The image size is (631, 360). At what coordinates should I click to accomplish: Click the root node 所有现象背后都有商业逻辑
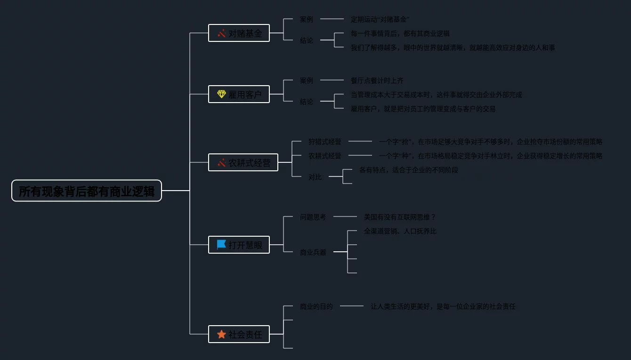click(87, 191)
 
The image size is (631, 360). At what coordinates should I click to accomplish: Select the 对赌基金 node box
click(239, 33)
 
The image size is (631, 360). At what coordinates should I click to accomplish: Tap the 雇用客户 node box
click(239, 94)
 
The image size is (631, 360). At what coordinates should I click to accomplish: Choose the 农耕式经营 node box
click(243, 162)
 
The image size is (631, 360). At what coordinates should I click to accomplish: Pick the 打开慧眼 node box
click(239, 245)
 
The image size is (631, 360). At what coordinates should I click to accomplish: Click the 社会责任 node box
click(239, 334)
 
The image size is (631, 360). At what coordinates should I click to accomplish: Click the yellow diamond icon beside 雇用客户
click(221, 94)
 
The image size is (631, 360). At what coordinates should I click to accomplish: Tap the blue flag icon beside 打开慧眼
click(221, 245)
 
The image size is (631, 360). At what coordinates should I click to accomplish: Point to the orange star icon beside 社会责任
click(221, 334)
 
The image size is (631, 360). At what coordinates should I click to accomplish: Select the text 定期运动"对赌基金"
click(380, 19)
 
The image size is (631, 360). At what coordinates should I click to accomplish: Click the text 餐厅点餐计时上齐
click(377, 80)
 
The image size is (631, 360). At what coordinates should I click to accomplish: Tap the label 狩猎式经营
click(325, 142)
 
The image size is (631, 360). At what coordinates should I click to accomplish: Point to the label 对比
click(315, 177)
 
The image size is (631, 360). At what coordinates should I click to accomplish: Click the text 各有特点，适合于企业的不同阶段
click(408, 170)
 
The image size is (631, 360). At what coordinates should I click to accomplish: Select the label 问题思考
click(313, 217)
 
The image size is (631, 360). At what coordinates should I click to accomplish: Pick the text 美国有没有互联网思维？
click(400, 217)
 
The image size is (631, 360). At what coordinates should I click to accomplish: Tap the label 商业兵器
click(313, 252)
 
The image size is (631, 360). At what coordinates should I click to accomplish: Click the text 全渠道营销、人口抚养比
click(400, 231)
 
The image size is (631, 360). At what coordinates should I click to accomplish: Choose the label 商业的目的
click(316, 306)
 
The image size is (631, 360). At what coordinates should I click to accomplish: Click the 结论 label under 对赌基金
click(306, 40)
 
